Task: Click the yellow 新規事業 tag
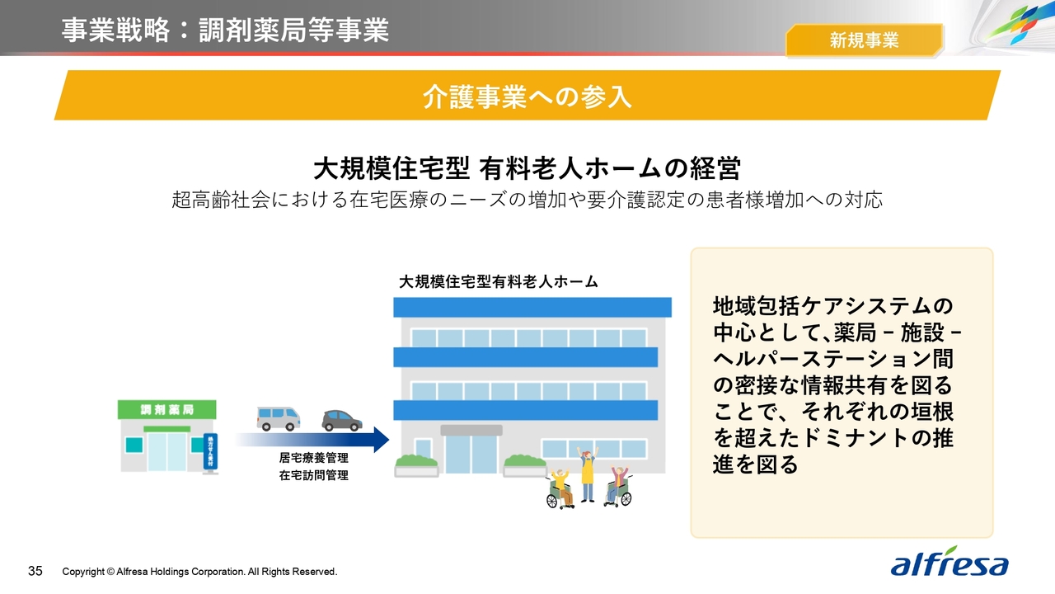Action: pyautogui.click(x=865, y=40)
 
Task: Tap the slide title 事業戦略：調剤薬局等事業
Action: pyautogui.click(x=225, y=31)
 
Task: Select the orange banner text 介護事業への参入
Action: pyautogui.click(x=527, y=97)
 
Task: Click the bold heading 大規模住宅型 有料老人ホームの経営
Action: pyautogui.click(x=527, y=168)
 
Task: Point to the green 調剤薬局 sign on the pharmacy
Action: pyautogui.click(x=166, y=410)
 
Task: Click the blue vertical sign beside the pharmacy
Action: pyautogui.click(x=210, y=451)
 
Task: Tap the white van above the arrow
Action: pyautogui.click(x=279, y=418)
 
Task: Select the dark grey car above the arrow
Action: pyautogui.click(x=342, y=421)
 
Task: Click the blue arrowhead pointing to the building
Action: pyautogui.click(x=382, y=440)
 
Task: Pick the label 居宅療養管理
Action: pyautogui.click(x=314, y=458)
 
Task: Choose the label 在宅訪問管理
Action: pyautogui.click(x=314, y=475)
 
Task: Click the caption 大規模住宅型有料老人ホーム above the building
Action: pyautogui.click(x=499, y=282)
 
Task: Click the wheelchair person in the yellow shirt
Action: pyautogui.click(x=560, y=489)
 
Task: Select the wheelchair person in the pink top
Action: pyautogui.click(x=618, y=486)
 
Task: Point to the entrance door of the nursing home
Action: pyautogui.click(x=471, y=454)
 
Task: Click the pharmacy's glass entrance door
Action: pyautogui.click(x=166, y=451)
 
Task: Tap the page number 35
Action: pyautogui.click(x=35, y=572)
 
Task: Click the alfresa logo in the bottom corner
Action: pyautogui.click(x=949, y=562)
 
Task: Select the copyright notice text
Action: pyautogui.click(x=199, y=572)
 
